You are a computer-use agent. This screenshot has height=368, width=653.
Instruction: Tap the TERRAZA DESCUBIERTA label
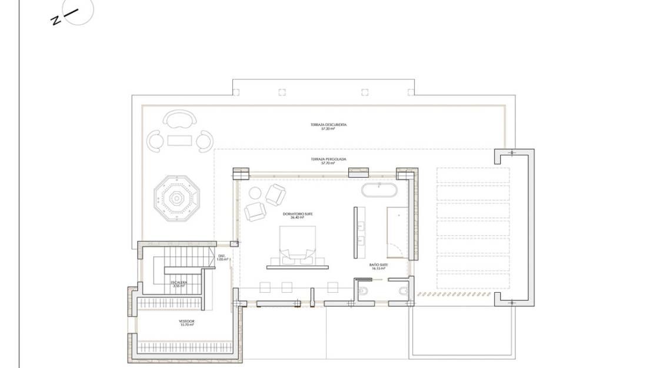[329, 125]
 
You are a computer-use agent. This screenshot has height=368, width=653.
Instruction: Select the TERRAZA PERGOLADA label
[328, 159]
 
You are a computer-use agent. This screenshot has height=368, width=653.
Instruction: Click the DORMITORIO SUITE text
[301, 215]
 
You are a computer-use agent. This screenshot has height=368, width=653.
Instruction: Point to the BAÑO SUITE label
[379, 265]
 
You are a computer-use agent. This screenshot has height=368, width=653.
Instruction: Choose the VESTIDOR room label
[186, 322]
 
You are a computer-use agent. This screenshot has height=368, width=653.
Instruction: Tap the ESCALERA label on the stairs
[179, 282]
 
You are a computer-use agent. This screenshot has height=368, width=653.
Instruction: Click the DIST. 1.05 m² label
[222, 257]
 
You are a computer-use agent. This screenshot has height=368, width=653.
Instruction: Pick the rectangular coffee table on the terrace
[180, 140]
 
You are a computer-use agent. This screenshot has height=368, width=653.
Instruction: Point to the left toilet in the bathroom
[363, 290]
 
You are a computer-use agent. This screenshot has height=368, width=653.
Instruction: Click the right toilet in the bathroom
[404, 290]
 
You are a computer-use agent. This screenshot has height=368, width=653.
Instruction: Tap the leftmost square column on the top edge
[236, 92]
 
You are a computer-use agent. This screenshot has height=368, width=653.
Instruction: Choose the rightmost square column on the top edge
[410, 92]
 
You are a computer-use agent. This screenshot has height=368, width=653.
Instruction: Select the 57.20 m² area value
[329, 128]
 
